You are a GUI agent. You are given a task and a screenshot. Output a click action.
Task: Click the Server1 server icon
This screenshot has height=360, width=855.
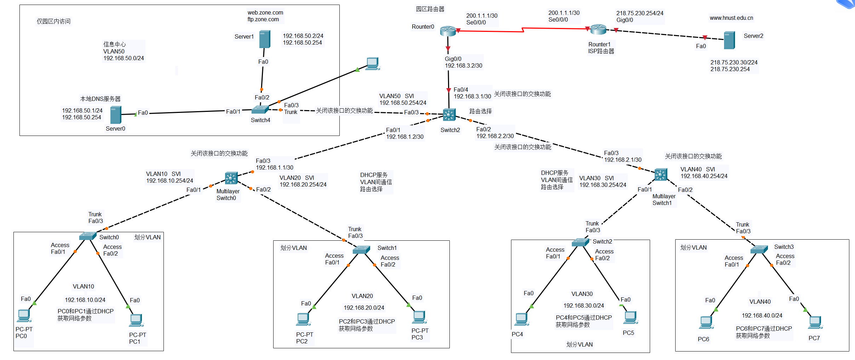264,39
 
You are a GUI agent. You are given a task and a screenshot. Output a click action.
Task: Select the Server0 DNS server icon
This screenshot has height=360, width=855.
116,115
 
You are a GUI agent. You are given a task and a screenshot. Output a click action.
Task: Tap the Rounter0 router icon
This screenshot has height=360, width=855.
448,31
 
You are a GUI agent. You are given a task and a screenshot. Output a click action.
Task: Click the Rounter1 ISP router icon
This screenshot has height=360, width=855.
598,29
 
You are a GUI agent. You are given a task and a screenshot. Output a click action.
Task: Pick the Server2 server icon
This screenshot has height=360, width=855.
729,40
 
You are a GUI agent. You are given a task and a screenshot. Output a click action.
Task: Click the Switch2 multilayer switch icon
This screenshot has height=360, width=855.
449,115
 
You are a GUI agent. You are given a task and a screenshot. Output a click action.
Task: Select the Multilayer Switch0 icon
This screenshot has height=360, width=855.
231,178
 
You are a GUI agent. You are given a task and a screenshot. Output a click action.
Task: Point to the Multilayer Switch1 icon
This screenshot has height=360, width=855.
660,175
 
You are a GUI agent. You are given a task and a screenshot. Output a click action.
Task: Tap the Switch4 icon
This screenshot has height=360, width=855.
260,110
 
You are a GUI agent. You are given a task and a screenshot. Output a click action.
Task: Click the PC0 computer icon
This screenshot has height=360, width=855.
24,315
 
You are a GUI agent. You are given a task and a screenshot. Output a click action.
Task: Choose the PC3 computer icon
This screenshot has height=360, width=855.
419,317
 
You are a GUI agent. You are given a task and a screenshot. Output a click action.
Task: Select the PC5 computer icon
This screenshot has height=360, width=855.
630,317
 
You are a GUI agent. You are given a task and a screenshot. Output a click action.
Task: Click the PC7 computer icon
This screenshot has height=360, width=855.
815,322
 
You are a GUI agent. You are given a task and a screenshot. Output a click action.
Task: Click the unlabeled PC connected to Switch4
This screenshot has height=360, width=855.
372,64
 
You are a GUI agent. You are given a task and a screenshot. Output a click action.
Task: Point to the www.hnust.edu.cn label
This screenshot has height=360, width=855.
731,18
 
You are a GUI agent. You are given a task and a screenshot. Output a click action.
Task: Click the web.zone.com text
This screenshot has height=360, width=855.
265,12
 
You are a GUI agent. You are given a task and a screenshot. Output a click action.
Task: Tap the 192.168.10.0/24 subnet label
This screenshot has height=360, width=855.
85,300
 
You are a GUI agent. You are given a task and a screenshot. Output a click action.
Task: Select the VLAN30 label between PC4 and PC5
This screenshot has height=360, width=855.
582,294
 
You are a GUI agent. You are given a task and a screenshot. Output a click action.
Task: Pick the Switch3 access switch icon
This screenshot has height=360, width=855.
759,249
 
